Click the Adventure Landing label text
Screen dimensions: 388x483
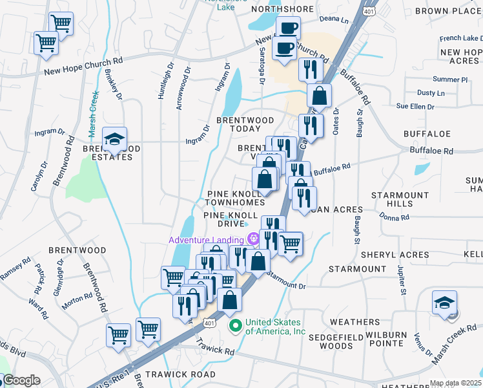[x=207, y=240]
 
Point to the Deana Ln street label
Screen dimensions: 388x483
[x=334, y=21]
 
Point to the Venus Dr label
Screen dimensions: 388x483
[x=423, y=343]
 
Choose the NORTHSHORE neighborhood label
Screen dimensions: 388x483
[x=282, y=10]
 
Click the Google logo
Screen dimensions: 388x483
[x=21, y=380]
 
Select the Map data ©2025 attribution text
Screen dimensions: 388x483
[x=456, y=383]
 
